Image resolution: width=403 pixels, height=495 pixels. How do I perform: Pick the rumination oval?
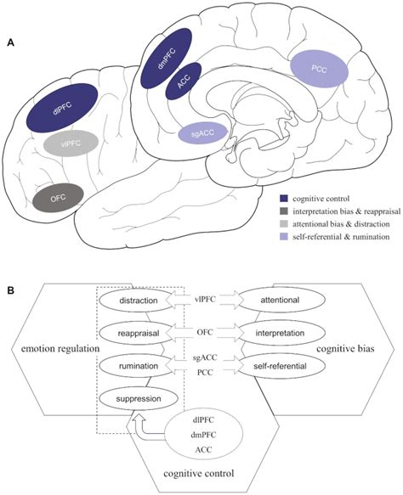point(137,365)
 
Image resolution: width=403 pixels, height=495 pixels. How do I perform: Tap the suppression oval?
point(137,397)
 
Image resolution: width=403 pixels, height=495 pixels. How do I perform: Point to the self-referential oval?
point(275,365)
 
